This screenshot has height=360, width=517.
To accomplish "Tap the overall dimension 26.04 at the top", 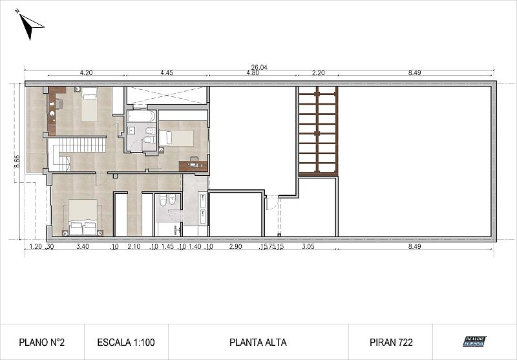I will [x=258, y=67].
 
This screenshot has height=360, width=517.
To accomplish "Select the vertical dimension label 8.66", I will [x=17, y=161].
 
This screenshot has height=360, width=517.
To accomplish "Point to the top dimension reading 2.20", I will [x=317, y=73].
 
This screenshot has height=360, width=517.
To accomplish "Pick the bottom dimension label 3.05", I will [x=308, y=246].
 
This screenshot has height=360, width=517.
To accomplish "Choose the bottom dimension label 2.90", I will [x=236, y=246].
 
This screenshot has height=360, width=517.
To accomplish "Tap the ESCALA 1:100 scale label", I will [x=125, y=342].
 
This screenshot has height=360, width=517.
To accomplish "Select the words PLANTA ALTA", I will [x=258, y=342].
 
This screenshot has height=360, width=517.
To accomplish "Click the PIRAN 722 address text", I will [x=391, y=342].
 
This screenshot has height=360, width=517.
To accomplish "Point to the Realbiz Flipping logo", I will [x=474, y=341].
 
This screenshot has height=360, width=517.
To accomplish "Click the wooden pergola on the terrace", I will [x=317, y=131].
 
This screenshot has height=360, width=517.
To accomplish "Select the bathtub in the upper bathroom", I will [x=141, y=117].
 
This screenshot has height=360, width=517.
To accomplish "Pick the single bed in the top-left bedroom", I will [x=89, y=104].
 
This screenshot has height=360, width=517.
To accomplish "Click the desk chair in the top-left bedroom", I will [x=58, y=103].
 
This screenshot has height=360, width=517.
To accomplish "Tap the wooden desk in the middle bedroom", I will [x=194, y=165].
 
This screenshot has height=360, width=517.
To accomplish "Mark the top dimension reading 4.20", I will [x=86, y=73].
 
